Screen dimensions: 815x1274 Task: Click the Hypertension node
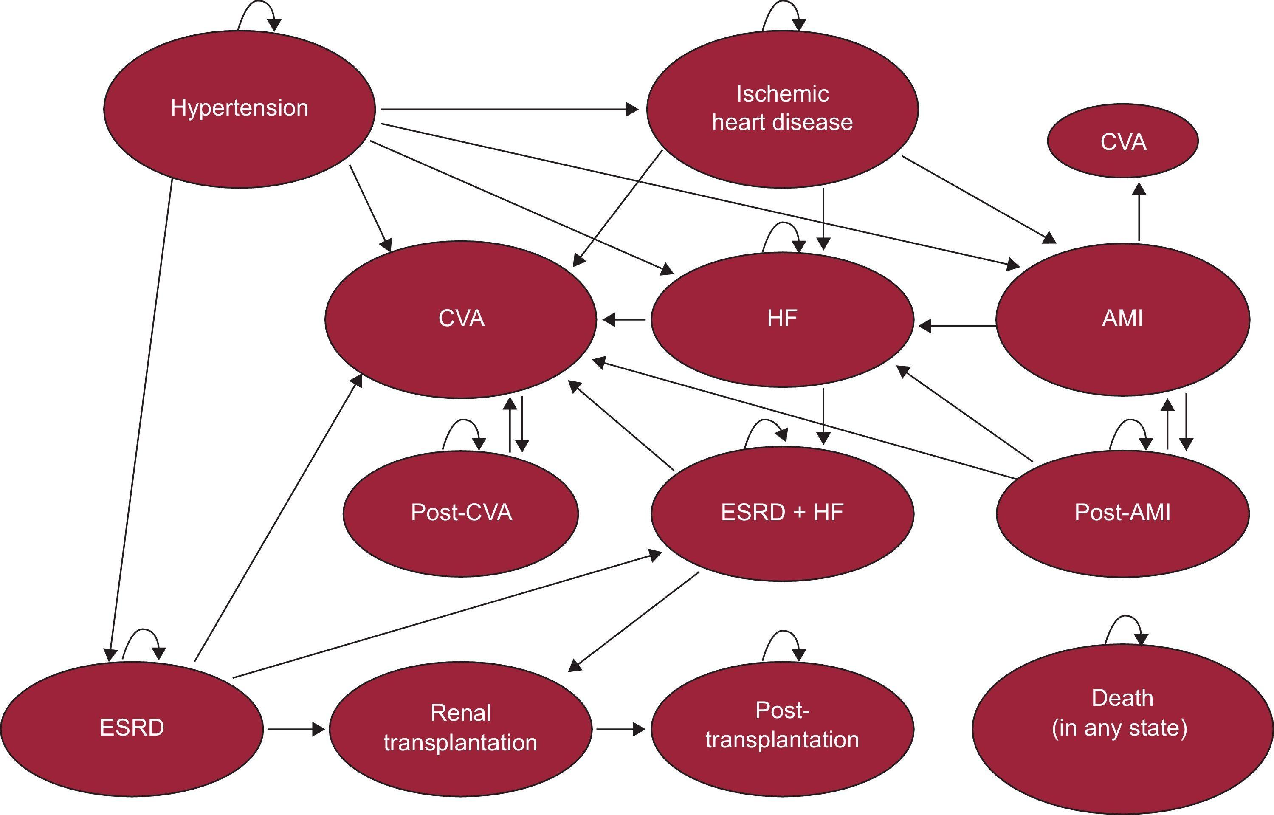point(239,108)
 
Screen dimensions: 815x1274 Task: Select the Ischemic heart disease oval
point(782,108)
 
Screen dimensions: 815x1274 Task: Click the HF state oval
point(782,319)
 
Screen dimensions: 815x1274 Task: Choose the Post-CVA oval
point(461,512)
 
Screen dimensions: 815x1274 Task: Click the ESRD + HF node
point(782,512)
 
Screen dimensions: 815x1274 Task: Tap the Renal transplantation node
point(460,728)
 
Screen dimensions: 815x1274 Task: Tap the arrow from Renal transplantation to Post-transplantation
point(620,729)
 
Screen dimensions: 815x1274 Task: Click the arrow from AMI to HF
point(958,326)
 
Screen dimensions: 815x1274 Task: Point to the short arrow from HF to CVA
point(624,320)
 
